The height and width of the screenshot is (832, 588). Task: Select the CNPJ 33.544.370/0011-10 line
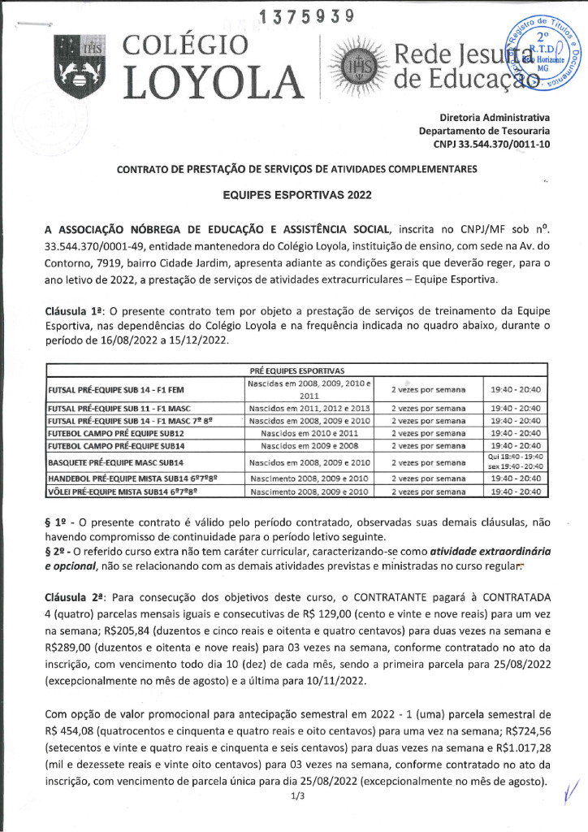point(492,144)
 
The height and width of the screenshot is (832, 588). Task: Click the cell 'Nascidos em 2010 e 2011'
point(309,434)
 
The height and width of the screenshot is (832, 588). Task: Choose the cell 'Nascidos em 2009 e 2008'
point(309,447)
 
